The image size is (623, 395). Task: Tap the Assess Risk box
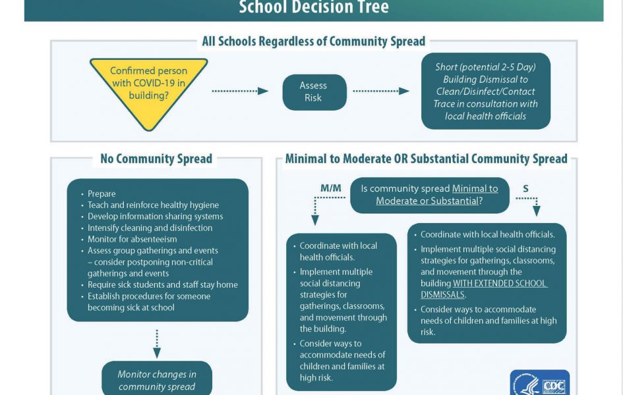pos(314,92)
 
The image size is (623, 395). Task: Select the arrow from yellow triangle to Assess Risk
pos(240,92)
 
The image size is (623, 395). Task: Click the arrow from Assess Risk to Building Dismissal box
pos(381,92)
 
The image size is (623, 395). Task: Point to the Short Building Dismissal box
pos(485,92)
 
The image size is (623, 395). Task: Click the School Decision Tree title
pos(314,7)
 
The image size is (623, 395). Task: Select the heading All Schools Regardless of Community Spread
pos(314,41)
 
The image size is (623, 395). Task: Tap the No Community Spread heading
pos(156,159)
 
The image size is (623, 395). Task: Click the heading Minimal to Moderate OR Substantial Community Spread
pos(427,159)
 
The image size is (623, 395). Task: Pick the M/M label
pos(330,188)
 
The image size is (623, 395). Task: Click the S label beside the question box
pos(525,189)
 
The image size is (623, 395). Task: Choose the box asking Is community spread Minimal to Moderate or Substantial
pos(429,195)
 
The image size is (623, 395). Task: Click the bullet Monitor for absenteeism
pos(132,239)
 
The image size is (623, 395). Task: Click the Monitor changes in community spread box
pos(156,379)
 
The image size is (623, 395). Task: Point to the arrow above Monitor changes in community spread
pos(157,344)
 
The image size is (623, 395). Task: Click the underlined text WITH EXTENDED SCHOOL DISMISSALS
pos(483,289)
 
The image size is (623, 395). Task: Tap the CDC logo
pos(539,382)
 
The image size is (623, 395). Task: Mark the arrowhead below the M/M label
pos(315,221)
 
